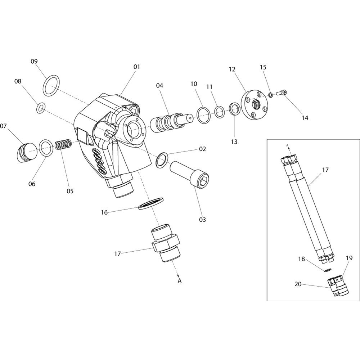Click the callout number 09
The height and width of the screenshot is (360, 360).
point(34,62)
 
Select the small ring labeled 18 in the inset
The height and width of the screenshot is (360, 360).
point(328,270)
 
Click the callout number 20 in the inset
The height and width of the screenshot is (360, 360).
point(298,284)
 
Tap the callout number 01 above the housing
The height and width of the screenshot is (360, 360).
point(136,67)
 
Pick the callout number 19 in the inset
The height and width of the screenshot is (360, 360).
point(349,258)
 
